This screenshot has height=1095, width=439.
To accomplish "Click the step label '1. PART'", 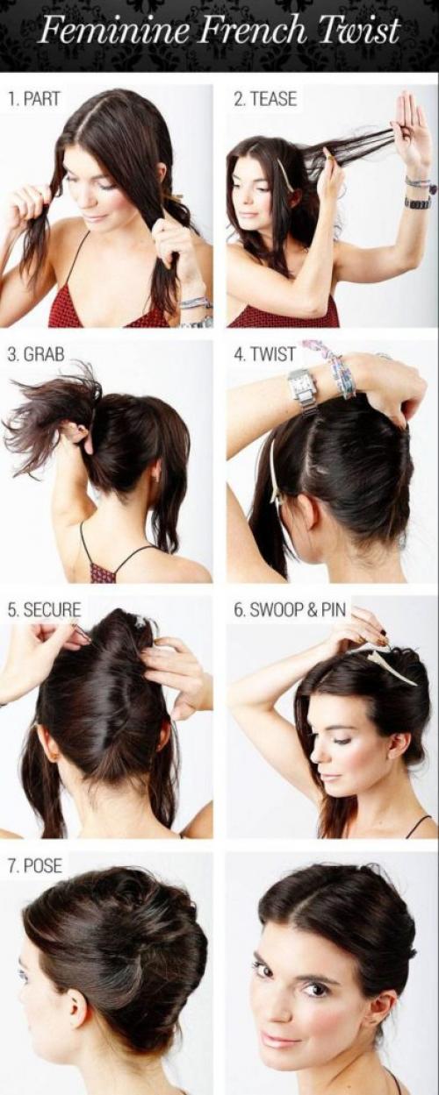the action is click(33, 99).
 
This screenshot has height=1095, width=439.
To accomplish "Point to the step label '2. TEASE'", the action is click(265, 99).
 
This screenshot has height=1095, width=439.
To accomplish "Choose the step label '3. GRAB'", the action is click(36, 354).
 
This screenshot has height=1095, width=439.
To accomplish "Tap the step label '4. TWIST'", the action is click(265, 354).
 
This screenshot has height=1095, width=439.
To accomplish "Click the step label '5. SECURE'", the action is click(44, 609).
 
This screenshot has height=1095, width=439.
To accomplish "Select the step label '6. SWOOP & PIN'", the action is click(290, 609).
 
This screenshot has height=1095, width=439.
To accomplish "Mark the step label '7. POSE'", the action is click(35, 865).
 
